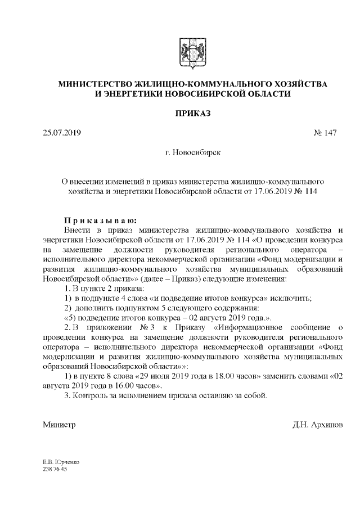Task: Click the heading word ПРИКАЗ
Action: (193, 113)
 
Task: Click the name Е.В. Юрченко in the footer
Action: (61, 462)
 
